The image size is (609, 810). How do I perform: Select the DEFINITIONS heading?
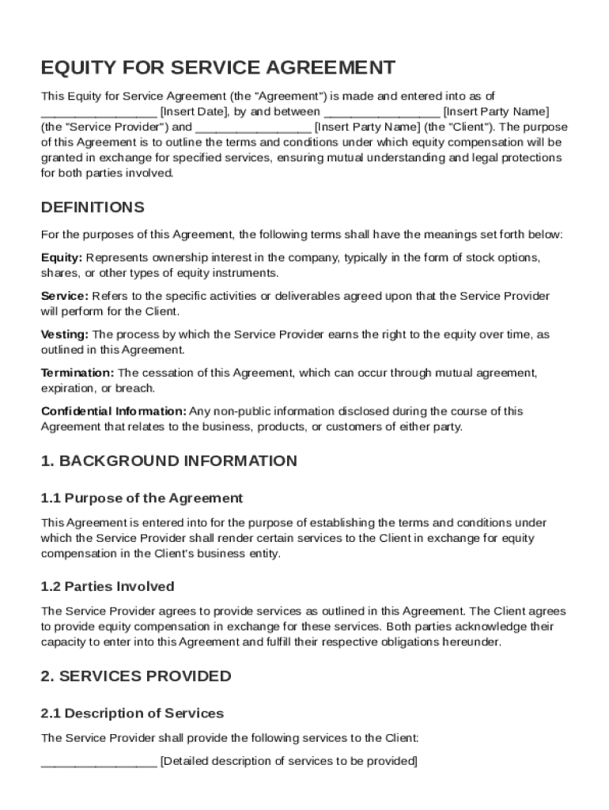(93, 207)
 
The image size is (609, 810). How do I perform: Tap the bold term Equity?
(62, 258)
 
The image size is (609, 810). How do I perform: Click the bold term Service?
(65, 296)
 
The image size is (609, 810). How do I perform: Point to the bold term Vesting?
(65, 335)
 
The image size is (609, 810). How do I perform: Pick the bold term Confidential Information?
(114, 411)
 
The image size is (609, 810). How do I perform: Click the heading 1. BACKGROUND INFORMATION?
(168, 460)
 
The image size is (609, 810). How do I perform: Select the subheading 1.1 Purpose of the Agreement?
(142, 498)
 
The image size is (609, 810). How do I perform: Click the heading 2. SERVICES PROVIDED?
(135, 676)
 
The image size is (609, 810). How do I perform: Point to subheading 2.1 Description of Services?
(132, 713)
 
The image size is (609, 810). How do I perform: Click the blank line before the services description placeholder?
(99, 763)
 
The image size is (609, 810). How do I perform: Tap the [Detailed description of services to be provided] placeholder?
(289, 761)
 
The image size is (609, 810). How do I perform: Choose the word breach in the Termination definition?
(138, 388)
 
